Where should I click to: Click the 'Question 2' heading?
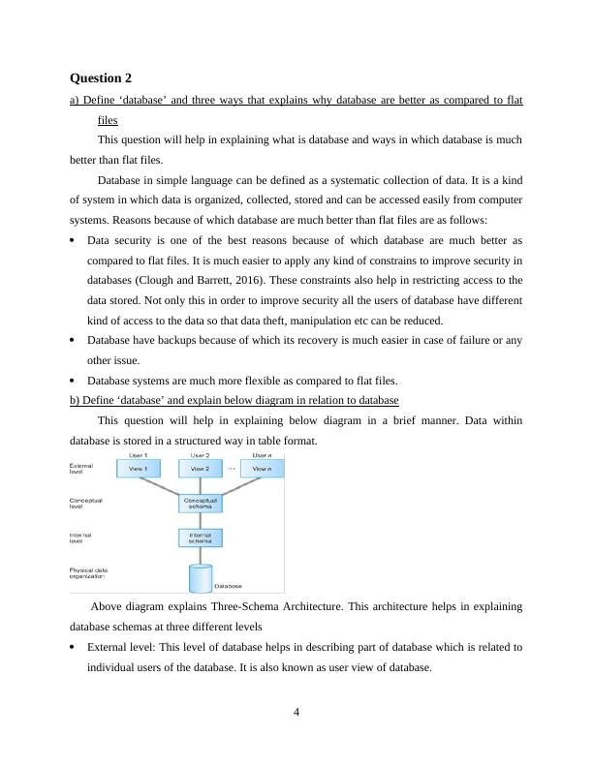pyautogui.click(x=101, y=77)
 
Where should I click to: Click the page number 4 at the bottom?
pyautogui.click(x=296, y=714)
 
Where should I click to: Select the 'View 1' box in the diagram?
pyautogui.click(x=138, y=469)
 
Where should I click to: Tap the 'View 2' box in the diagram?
pyautogui.click(x=200, y=469)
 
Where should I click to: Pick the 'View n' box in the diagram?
pyautogui.click(x=261, y=469)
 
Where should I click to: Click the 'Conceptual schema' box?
pyautogui.click(x=200, y=504)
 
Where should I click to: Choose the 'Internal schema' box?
pyautogui.click(x=200, y=537)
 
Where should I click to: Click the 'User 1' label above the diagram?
pyautogui.click(x=138, y=454)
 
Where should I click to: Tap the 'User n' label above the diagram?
pyautogui.click(x=261, y=454)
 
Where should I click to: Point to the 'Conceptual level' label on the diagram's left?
pyautogui.click(x=85, y=504)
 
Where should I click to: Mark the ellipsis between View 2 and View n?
pyautogui.click(x=231, y=468)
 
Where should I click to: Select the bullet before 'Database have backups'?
pyautogui.click(x=75, y=341)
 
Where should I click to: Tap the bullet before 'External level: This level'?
pyautogui.click(x=75, y=647)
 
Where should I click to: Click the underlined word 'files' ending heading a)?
pyautogui.click(x=108, y=121)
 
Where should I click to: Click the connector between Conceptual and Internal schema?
pyautogui.click(x=200, y=520)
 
